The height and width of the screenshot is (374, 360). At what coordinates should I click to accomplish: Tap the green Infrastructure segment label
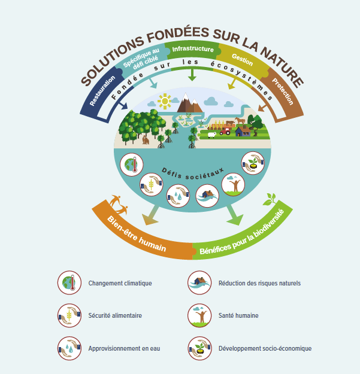192,49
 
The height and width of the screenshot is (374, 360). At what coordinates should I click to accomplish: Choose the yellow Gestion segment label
243,59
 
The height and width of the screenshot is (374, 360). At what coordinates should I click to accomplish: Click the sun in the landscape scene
164,100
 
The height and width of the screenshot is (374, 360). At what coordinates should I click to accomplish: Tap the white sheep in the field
211,135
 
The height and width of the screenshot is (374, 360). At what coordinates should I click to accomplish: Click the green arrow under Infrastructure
192,76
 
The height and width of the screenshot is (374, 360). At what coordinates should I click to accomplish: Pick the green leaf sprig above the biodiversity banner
271,199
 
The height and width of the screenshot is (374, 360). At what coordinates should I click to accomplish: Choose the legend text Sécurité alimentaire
115,315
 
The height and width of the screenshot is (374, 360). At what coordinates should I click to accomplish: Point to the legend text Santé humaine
238,315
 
